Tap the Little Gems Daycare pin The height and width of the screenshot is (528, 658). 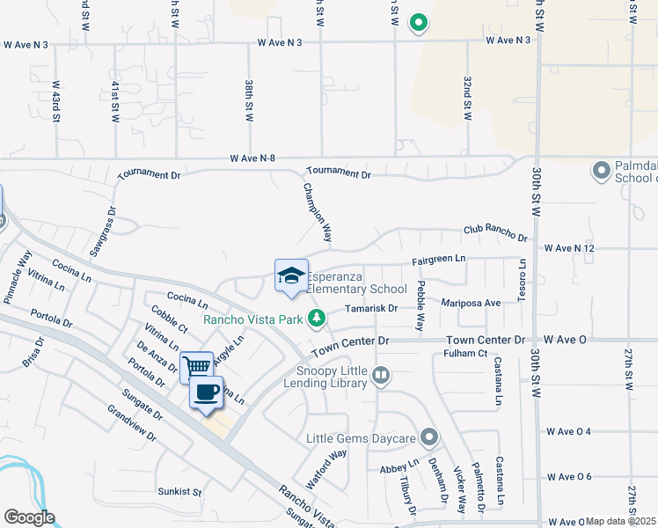(x=428, y=437)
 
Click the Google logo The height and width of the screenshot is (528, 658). (x=29, y=517)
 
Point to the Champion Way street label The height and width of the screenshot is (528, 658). (x=318, y=212)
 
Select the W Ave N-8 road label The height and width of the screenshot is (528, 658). (x=253, y=158)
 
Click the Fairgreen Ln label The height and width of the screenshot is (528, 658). (x=438, y=260)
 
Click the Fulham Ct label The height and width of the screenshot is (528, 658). (x=466, y=354)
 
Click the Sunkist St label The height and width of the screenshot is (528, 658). (x=179, y=491)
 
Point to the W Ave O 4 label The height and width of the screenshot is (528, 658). (x=567, y=431)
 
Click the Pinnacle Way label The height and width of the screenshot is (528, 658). (x=18, y=276)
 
